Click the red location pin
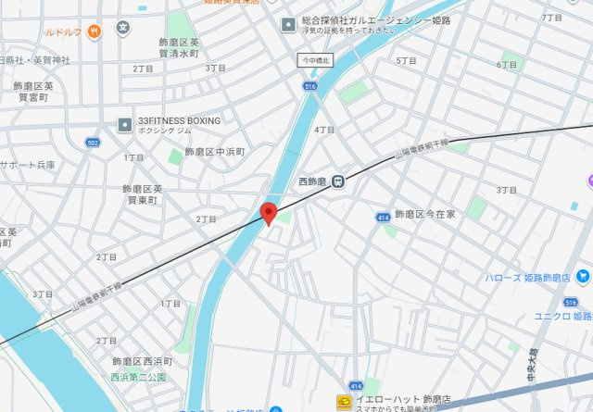tap(269, 213)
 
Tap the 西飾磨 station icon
tap(339, 181)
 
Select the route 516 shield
tap(309, 85)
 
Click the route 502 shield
tap(92, 142)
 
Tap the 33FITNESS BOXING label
tap(179, 120)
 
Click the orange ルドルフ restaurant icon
tap(95, 31)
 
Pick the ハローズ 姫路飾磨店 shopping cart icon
tap(581, 276)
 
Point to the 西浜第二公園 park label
tap(137, 378)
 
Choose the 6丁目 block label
tap(506, 65)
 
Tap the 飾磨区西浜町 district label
tap(143, 361)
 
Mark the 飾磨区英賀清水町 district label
tap(178, 48)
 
